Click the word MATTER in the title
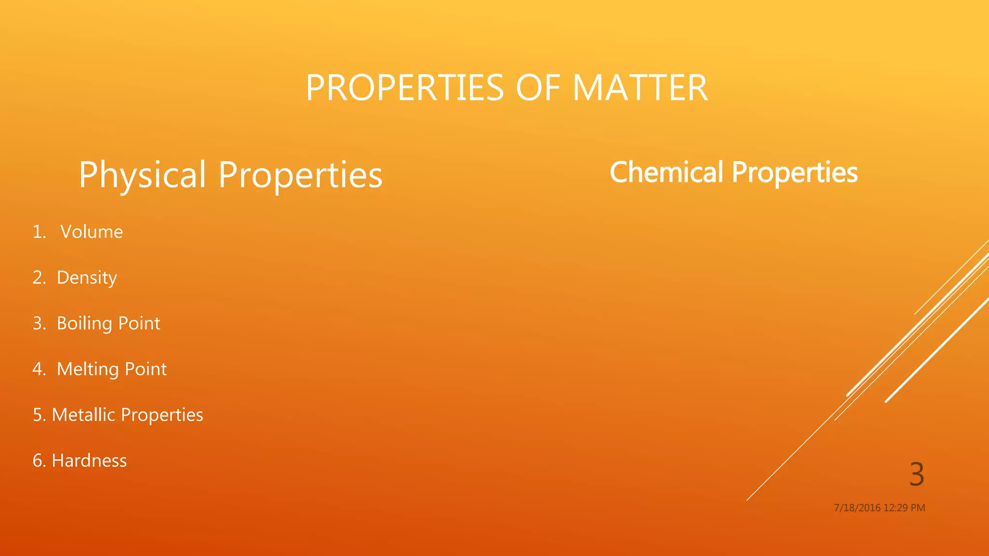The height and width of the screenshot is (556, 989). click(640, 88)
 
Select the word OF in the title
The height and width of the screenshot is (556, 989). click(538, 88)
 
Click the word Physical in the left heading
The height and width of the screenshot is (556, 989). click(142, 175)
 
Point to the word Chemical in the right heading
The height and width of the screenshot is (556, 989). click(666, 172)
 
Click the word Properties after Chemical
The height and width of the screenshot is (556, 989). click(795, 172)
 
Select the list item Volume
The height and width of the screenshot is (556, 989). click(91, 232)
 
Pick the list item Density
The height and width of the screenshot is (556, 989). click(87, 278)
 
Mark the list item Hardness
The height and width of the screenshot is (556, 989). click(89, 461)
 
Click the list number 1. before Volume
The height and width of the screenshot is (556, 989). click(39, 232)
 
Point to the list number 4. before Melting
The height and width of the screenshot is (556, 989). click(39, 369)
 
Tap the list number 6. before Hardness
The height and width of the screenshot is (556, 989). click(39, 461)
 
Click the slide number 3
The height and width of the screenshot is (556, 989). click(917, 474)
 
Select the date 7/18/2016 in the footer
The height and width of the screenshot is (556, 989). click(857, 508)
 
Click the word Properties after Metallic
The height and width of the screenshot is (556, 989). click(162, 415)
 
